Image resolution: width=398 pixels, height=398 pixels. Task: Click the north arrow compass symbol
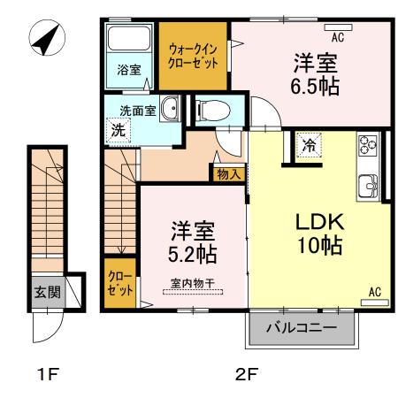[47, 39]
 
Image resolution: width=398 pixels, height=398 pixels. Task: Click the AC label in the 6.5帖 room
[337, 37]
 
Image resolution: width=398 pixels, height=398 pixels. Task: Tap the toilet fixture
[210, 111]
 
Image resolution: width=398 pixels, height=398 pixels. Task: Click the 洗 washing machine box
[117, 129]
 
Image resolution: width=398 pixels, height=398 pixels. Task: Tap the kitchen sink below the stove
[368, 185]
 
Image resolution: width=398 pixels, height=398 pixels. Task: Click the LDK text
[307, 220]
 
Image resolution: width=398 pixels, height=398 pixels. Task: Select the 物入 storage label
[227, 174]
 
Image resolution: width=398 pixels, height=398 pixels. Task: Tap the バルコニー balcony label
[302, 328]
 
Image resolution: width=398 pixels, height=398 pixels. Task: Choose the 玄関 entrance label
[47, 293]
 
